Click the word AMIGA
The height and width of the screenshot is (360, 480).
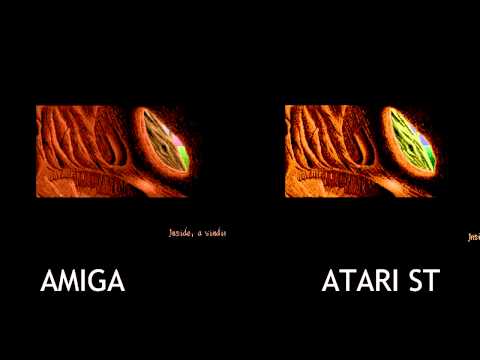[x=82, y=281]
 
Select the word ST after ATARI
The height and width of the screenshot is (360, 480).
[x=425, y=281]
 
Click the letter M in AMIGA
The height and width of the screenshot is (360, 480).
[x=67, y=281]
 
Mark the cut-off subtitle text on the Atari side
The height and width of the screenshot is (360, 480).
[x=472, y=237]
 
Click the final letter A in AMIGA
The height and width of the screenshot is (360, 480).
[x=116, y=281]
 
